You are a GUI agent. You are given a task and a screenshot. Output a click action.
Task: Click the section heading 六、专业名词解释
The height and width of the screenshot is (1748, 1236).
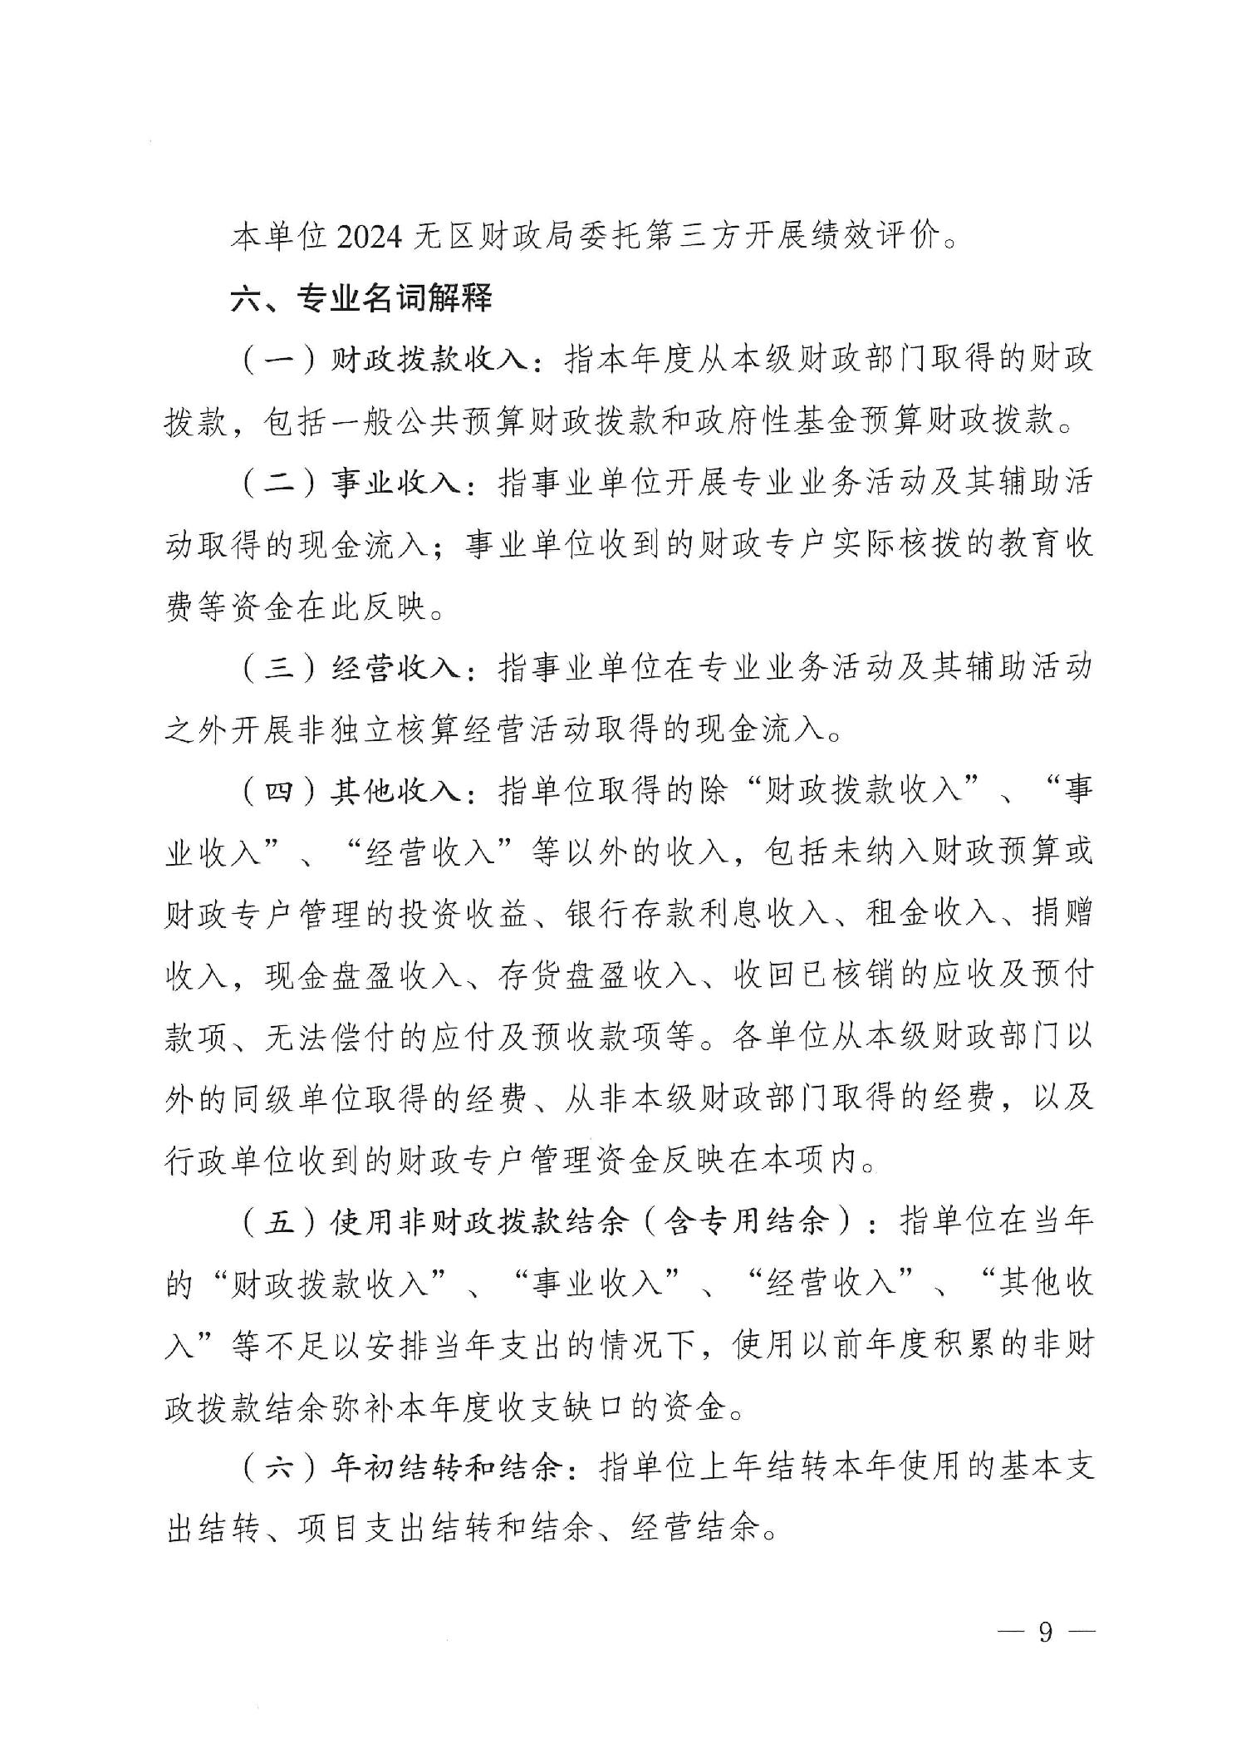coord(361,297)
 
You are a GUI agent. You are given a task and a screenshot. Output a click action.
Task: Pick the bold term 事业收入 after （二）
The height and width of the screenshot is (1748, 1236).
coord(397,483)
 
